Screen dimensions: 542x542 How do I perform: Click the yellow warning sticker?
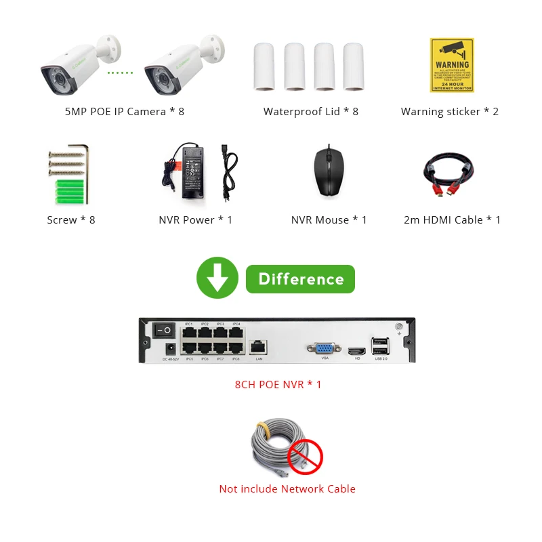[x=451, y=65]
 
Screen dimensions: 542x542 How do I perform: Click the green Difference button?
[x=300, y=279]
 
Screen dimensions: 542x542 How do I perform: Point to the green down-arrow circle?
[x=217, y=279]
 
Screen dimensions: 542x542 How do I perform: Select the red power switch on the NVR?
[x=163, y=330]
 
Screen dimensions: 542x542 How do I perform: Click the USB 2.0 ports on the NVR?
[x=381, y=346]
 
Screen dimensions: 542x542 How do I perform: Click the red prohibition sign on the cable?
[x=305, y=455]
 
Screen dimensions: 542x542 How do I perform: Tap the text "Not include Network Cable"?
[x=287, y=488]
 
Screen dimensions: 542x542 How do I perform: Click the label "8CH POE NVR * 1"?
[x=278, y=384]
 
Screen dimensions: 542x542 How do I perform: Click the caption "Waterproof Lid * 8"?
[x=311, y=111]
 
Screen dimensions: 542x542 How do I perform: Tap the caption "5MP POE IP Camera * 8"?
[x=125, y=111]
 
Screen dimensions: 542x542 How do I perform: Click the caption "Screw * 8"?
[x=71, y=220]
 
